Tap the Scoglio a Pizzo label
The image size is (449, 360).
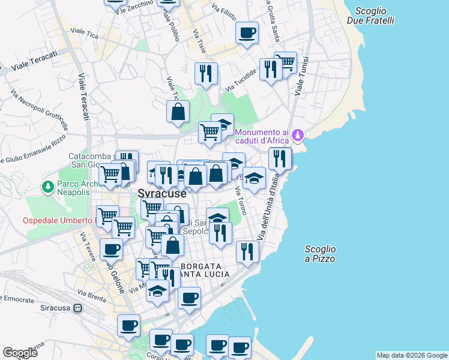click(x=320, y=254)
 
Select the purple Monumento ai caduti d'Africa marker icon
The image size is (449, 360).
click(x=298, y=137)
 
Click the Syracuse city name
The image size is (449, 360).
click(x=162, y=194)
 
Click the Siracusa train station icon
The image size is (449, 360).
click(x=77, y=308)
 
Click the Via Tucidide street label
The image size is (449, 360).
click(x=241, y=81)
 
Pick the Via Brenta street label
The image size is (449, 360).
click(x=91, y=295)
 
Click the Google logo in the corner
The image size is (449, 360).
click(x=20, y=353)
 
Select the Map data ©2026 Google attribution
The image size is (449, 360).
click(x=411, y=355)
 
